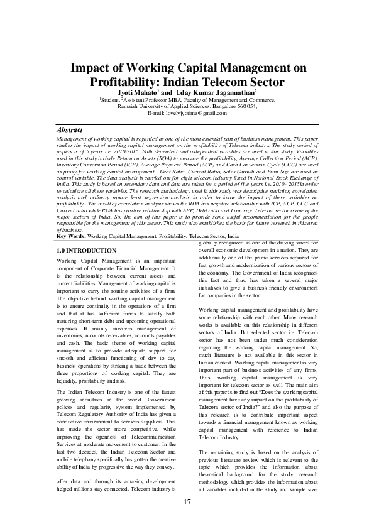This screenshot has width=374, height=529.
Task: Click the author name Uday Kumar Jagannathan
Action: (x=212, y=92)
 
